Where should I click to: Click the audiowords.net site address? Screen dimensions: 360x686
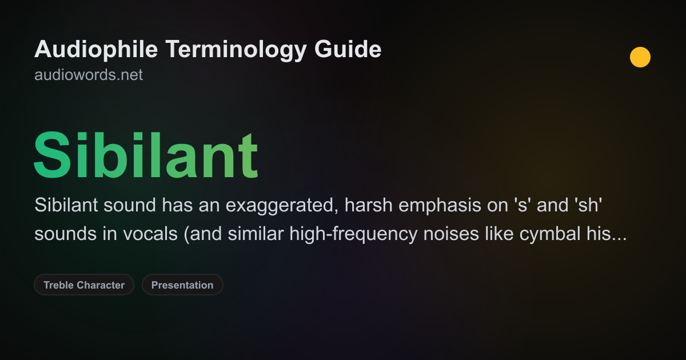pyautogui.click(x=89, y=75)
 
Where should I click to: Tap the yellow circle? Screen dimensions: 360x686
pyautogui.click(x=640, y=57)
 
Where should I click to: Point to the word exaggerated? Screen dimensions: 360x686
pyautogui.click(x=280, y=206)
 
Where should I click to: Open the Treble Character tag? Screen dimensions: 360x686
pyautogui.click(x=84, y=285)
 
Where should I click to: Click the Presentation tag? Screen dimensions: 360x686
pyautogui.click(x=182, y=285)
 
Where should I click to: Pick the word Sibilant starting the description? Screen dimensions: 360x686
pyautogui.click(x=66, y=206)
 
